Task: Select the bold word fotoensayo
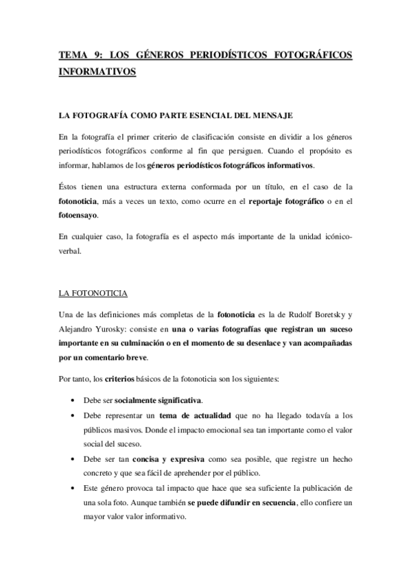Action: coord(77,215)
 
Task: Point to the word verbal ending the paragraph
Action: coord(70,250)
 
